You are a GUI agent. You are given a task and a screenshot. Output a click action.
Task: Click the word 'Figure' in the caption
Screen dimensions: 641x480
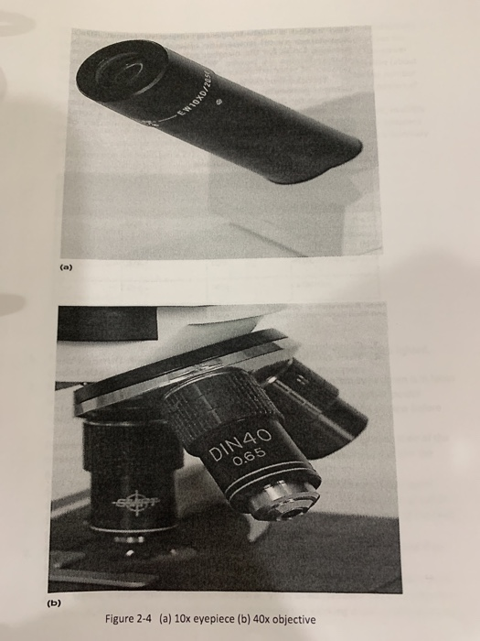(x=123, y=619)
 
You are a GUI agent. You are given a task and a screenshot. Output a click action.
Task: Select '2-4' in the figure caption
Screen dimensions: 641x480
(x=153, y=619)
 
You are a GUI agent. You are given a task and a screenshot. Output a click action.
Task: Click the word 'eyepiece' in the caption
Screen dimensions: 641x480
(x=219, y=619)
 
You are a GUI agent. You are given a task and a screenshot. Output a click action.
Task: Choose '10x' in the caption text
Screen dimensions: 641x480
(x=188, y=619)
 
